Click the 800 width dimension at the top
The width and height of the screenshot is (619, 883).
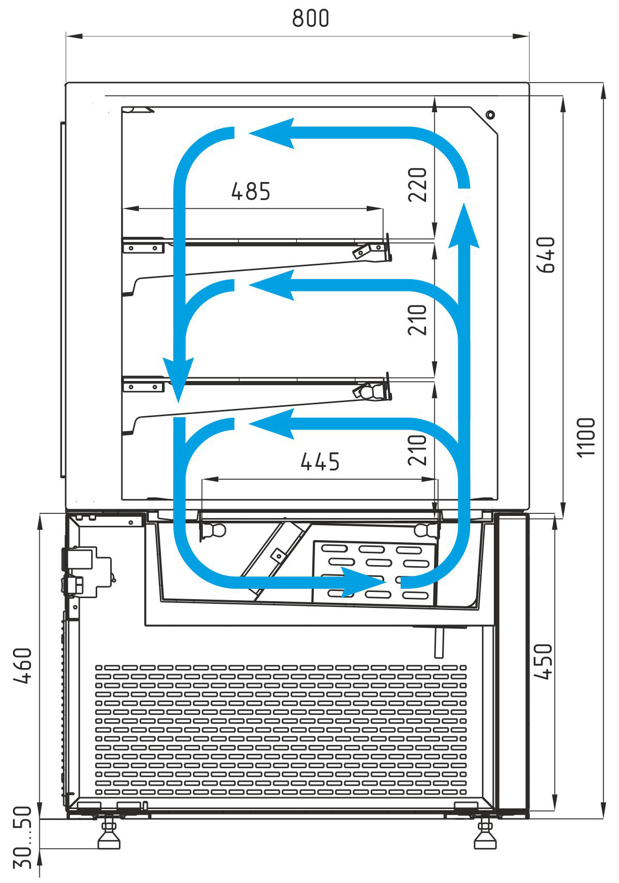coord(310,18)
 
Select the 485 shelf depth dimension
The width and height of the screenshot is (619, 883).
coord(251,191)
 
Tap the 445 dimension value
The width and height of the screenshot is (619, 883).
coord(320,462)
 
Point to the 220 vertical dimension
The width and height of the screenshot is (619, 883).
coord(417,185)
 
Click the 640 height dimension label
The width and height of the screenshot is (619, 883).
coord(545,255)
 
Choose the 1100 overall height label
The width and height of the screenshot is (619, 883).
coord(585,437)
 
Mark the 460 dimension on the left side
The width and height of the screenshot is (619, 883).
coord(22,665)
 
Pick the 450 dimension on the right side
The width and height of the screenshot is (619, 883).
coord(543,661)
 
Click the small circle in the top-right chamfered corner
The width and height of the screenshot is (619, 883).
coord(490,115)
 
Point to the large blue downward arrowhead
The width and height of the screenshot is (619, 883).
coord(178,379)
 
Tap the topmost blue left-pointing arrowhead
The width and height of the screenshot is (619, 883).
coord(271,133)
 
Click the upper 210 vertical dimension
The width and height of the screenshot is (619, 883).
coord(417,319)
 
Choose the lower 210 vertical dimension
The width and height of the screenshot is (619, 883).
coord(417,450)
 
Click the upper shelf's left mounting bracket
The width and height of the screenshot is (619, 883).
coord(143,246)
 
